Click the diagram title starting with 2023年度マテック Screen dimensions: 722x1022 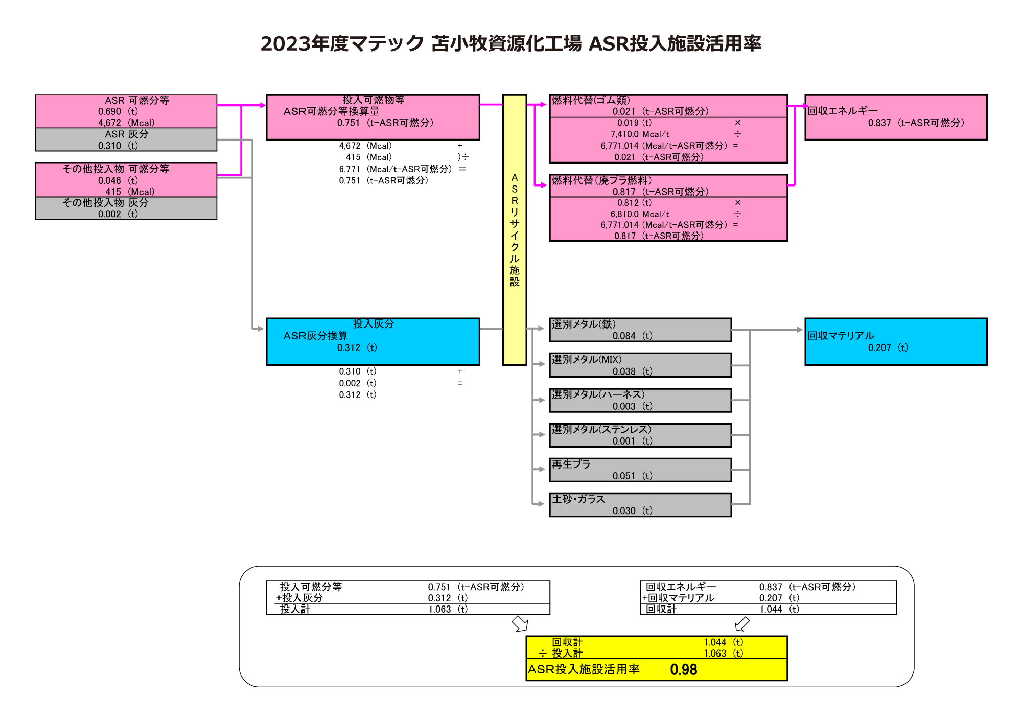click(510, 43)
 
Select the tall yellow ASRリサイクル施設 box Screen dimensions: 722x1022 click(514, 229)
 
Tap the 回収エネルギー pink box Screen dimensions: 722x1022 click(895, 117)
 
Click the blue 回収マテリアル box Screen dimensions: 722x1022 click(895, 342)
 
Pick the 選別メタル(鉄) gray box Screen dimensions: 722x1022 click(640, 330)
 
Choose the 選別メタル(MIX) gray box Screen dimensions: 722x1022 click(640, 365)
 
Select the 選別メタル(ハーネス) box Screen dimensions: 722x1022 click(640, 400)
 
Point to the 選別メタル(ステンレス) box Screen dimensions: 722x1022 click(640, 435)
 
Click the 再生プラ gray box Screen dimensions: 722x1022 click(640, 470)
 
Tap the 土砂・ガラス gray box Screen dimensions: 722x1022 click(640, 504)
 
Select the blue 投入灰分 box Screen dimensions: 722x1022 click(373, 342)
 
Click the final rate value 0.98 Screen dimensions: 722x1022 click(683, 669)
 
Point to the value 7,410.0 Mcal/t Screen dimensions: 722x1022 click(640, 134)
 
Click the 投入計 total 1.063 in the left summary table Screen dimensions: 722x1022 click(439, 609)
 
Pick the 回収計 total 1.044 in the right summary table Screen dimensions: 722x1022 click(771, 609)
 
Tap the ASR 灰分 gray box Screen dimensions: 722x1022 click(126, 139)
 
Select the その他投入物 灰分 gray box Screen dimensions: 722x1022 click(126, 208)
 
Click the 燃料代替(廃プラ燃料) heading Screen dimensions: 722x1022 click(601, 180)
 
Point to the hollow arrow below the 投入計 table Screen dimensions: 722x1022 click(520, 623)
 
